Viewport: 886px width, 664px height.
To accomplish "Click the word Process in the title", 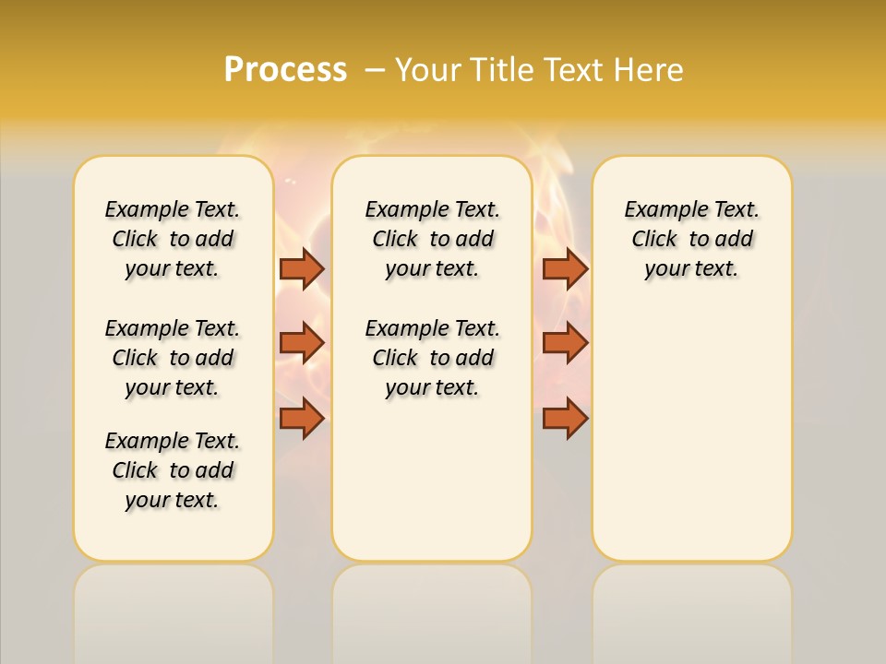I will pos(285,69).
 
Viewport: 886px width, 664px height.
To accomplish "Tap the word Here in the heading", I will pos(650,70).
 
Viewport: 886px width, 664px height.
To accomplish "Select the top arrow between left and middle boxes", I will pos(302,268).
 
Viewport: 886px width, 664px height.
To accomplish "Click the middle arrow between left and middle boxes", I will pos(302,343).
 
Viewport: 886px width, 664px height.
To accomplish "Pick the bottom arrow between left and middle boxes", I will pos(302,419).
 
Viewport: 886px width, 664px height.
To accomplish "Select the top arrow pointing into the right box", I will pos(565,268).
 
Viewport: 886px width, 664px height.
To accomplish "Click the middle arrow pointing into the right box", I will pos(565,343).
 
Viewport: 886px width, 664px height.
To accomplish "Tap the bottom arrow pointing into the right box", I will pos(565,419).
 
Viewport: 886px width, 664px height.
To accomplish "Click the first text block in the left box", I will pos(173,239).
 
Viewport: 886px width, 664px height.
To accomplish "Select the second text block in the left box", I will pos(173,358).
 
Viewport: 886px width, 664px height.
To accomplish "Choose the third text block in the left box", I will pos(173,470).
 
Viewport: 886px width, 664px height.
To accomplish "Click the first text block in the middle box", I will pos(432,239).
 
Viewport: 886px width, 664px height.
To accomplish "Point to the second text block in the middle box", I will pos(432,358).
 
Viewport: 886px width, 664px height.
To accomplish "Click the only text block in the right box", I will pos(691,239).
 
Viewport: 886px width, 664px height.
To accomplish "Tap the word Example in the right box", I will pos(657,210).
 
